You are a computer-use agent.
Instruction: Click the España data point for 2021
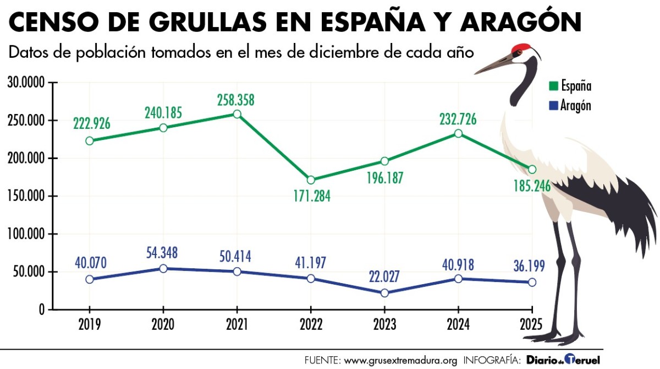point(237,114)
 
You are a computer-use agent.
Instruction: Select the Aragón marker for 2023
point(384,293)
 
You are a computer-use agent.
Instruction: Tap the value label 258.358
point(237,100)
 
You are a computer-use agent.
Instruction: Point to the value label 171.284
point(311,196)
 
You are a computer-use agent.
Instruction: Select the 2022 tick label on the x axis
point(311,324)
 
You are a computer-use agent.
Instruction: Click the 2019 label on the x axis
point(90,324)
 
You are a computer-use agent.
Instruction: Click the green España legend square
point(553,86)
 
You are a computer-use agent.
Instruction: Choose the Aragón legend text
point(576,105)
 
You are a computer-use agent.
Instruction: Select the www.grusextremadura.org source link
point(400,361)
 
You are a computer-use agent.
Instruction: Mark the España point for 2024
point(458,133)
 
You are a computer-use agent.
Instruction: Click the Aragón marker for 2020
point(163,269)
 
